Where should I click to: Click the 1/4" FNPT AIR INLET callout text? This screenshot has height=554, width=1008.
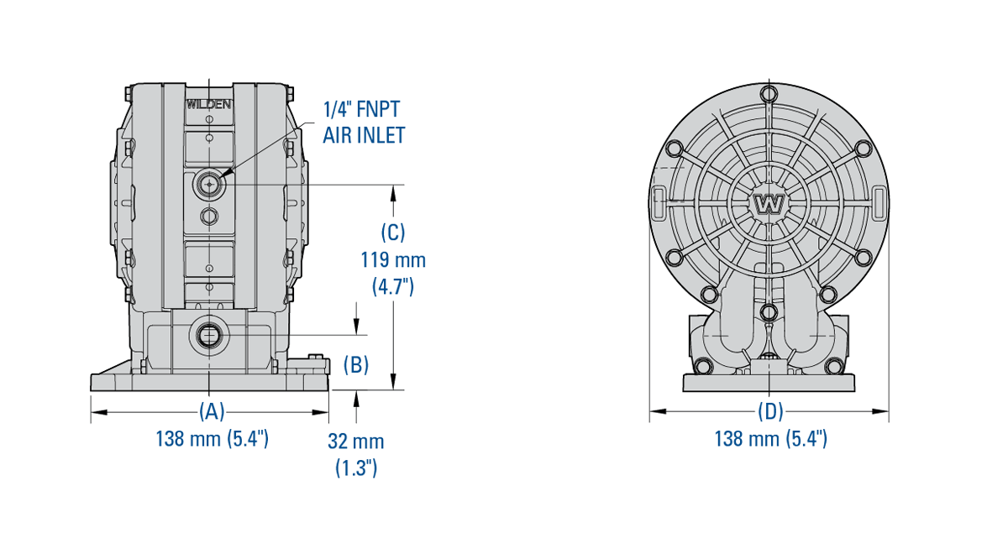click(x=364, y=122)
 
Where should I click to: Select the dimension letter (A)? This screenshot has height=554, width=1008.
click(x=212, y=411)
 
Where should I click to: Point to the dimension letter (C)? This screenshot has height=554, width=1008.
click(x=393, y=232)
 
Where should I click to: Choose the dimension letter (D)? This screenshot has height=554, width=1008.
click(x=770, y=411)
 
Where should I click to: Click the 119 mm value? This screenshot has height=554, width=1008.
click(x=393, y=259)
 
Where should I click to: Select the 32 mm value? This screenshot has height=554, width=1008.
click(x=356, y=442)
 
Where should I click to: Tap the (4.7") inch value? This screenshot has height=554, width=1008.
click(x=393, y=286)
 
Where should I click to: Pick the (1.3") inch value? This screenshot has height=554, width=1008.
click(x=356, y=468)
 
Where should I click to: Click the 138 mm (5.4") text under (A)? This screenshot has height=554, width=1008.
click(x=212, y=438)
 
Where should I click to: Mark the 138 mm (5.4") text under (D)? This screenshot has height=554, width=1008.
click(x=770, y=438)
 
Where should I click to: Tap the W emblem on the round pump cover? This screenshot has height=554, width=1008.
click(x=768, y=204)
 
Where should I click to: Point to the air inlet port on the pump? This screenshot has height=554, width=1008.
click(x=207, y=184)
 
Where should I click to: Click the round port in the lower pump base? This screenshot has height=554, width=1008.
click(x=207, y=337)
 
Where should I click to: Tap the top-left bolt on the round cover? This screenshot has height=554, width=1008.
click(x=674, y=149)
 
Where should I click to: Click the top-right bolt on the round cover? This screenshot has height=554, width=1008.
click(x=862, y=149)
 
